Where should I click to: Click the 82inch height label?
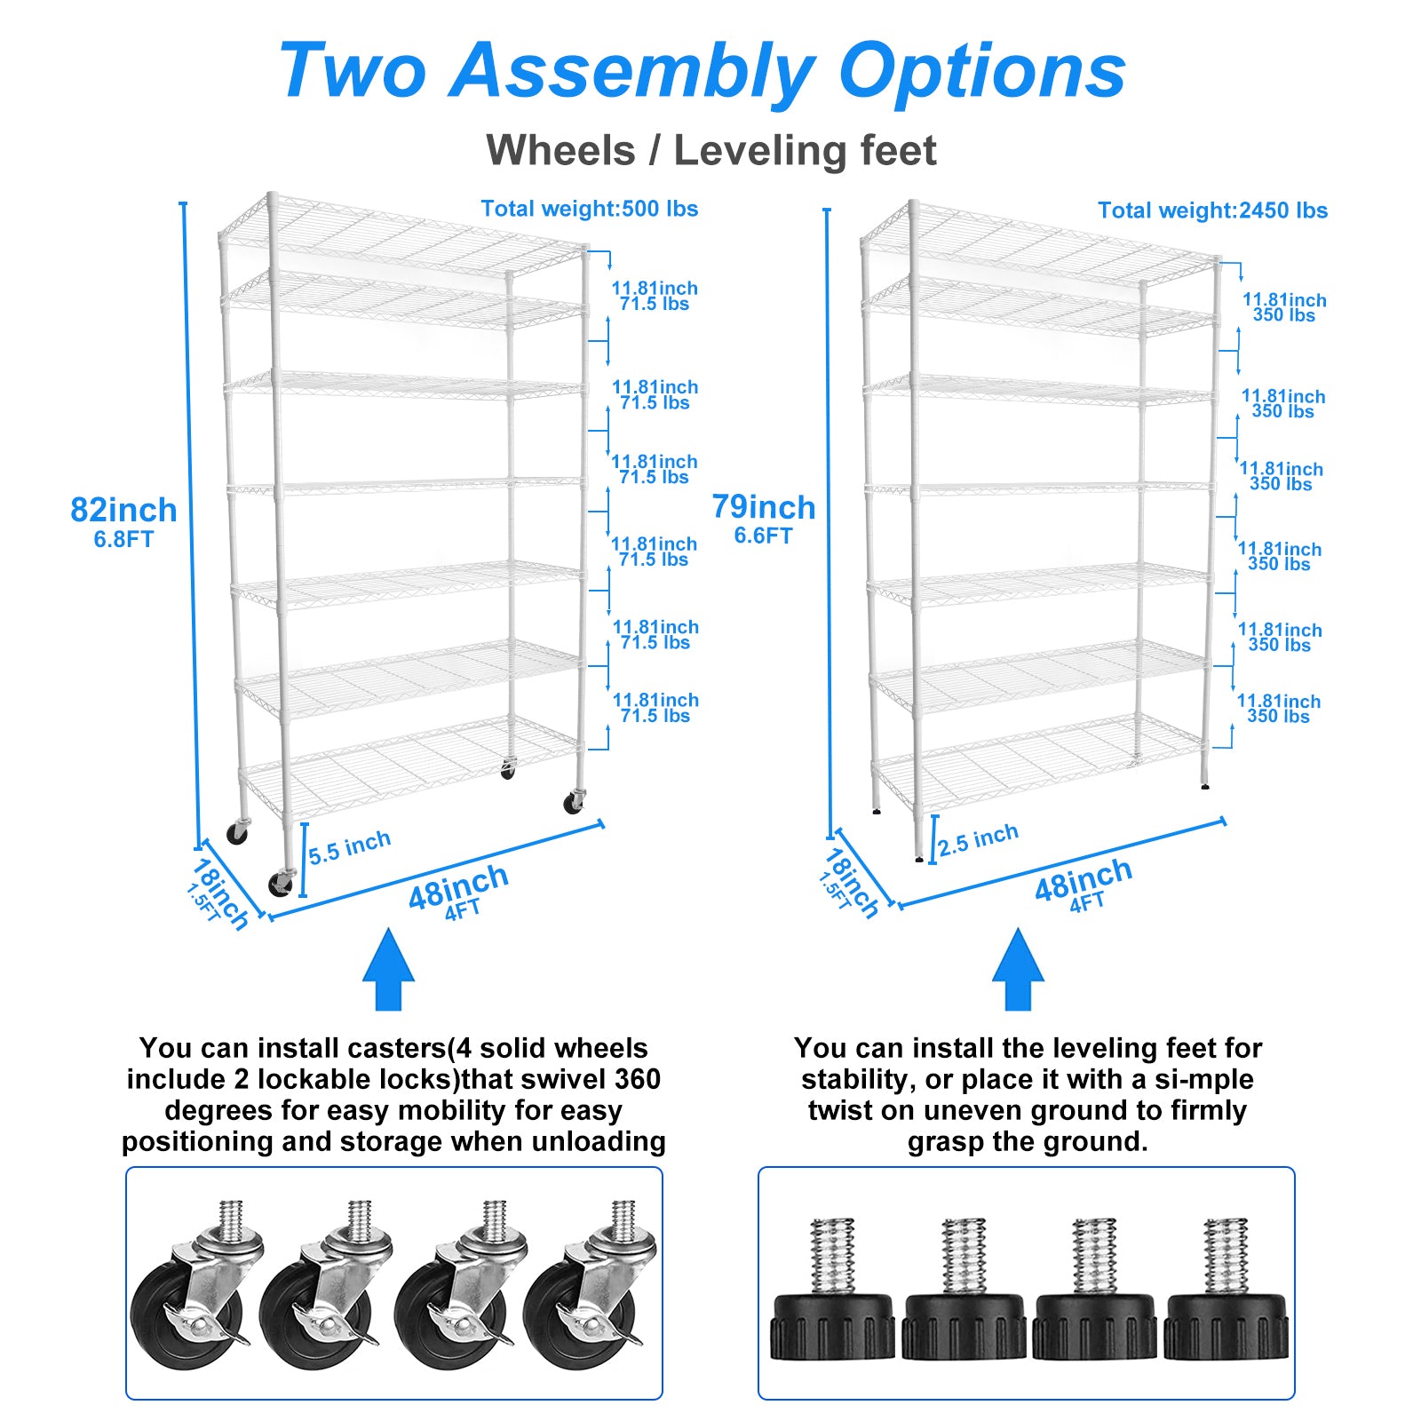123,511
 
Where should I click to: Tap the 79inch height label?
763,507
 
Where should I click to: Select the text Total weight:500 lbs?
589,209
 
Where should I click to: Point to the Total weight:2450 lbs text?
1212,210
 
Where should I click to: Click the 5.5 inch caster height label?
350,847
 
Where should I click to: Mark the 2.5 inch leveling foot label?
979,839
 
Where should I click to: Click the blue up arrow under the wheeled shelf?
388,970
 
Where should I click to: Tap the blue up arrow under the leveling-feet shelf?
1018,970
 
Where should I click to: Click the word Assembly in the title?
632,71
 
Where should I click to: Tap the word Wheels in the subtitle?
560,150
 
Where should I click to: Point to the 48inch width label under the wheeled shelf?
458,887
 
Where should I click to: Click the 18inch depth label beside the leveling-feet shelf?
851,883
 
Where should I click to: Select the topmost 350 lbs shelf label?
1283,315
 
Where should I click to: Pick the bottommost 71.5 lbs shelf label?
655,716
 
